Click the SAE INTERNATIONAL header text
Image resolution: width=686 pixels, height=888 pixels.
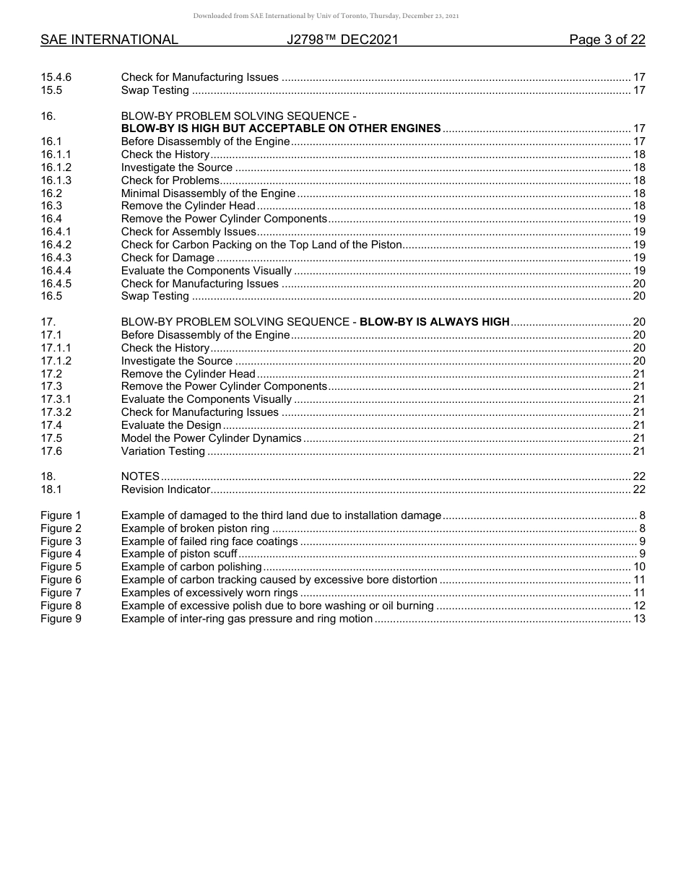[109, 40]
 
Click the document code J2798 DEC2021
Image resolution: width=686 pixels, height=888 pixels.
[342, 40]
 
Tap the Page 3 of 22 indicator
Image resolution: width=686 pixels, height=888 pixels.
[607, 40]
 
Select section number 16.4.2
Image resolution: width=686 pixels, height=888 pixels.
[56, 245]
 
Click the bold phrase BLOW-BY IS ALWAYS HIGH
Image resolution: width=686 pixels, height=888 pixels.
[434, 322]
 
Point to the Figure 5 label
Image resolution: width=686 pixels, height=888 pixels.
[61, 567]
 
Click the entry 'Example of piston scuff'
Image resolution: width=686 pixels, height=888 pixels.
[179, 554]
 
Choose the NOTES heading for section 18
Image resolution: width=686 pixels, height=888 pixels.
[140, 477]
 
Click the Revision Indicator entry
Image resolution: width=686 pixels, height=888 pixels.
[165, 490]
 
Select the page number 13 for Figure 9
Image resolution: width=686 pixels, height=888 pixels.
[639, 619]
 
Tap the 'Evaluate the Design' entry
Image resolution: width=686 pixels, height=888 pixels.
[171, 426]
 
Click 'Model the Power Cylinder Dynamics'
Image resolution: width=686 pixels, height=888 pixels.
[211, 439]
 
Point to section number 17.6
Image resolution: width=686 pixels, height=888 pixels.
[51, 452]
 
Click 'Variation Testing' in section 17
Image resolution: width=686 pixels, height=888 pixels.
[163, 452]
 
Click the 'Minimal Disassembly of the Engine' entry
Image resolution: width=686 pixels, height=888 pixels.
[208, 193]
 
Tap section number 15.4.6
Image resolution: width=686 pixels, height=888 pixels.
[56, 77]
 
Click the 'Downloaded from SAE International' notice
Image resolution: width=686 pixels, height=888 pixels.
[326, 16]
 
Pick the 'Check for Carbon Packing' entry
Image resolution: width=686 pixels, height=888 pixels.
[261, 245]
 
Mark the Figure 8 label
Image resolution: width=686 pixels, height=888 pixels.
[61, 606]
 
